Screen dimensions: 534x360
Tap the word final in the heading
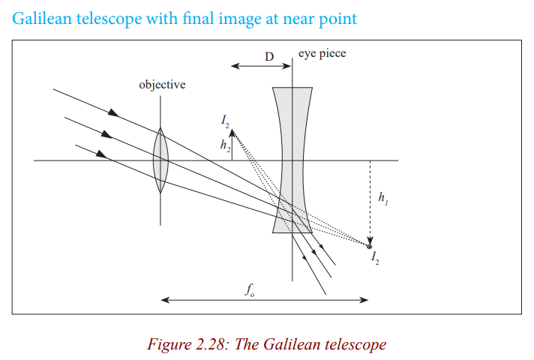click(199, 18)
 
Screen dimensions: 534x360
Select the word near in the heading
click(298, 19)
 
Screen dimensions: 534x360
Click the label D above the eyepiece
click(269, 56)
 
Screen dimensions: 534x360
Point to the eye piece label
click(322, 54)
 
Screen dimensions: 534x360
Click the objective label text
click(162, 85)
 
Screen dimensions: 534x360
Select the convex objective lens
click(160, 160)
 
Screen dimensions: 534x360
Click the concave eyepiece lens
click(292, 160)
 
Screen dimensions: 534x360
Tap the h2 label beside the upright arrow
click(225, 145)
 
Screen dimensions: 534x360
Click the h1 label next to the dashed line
click(383, 198)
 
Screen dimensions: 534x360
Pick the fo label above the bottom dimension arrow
click(250, 289)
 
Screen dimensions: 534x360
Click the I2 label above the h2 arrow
click(225, 121)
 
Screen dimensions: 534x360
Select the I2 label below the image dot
click(375, 257)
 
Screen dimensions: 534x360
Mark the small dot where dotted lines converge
click(370, 246)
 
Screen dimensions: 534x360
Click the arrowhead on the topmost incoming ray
click(114, 112)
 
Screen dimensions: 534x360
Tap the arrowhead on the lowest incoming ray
click(101, 154)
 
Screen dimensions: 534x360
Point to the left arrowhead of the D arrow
click(235, 66)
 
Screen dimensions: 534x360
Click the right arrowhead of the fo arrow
click(364, 300)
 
